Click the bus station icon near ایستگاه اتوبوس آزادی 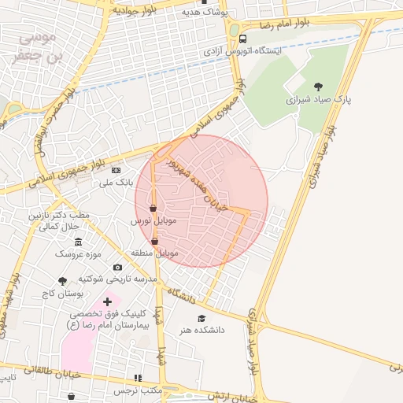click(242, 39)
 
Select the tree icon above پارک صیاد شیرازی click(318, 87)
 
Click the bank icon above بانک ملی click(116, 170)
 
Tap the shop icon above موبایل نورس click(152, 209)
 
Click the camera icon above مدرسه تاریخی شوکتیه click(118, 268)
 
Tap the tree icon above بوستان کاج click(63, 280)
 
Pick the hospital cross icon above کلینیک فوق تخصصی click(108, 301)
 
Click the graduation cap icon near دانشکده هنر click(201, 318)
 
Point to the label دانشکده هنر click(200, 330)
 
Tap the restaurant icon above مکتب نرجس click(139, 379)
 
